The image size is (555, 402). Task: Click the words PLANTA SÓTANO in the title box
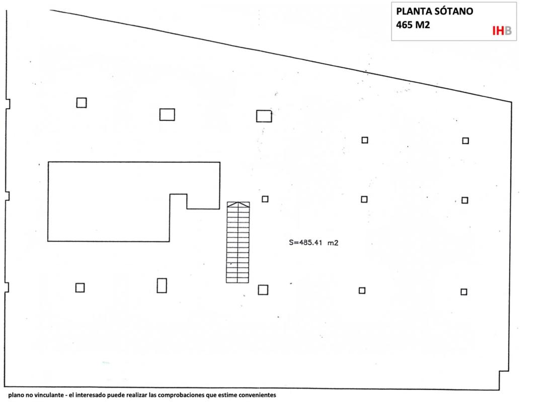pyautogui.click(x=434, y=12)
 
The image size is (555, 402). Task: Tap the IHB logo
pyautogui.click(x=502, y=31)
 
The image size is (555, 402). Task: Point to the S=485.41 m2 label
pyautogui.click(x=313, y=243)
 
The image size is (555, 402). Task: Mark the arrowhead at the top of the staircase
pyautogui.click(x=238, y=204)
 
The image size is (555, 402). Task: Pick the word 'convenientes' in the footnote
pyautogui.click(x=257, y=395)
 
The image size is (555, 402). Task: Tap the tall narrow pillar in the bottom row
pyautogui.click(x=162, y=285)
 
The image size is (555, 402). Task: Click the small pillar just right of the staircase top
pyautogui.click(x=265, y=199)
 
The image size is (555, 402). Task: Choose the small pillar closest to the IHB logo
pyautogui.click(x=465, y=141)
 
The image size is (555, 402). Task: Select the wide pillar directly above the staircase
pyautogui.click(x=264, y=116)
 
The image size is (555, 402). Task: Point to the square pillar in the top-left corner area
pyautogui.click(x=82, y=103)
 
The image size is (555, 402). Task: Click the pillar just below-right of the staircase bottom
pyautogui.click(x=263, y=290)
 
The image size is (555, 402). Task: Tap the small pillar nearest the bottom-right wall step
pyautogui.click(x=464, y=292)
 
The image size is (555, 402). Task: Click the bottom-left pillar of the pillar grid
pyautogui.click(x=80, y=288)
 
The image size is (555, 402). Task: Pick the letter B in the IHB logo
pyautogui.click(x=508, y=31)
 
